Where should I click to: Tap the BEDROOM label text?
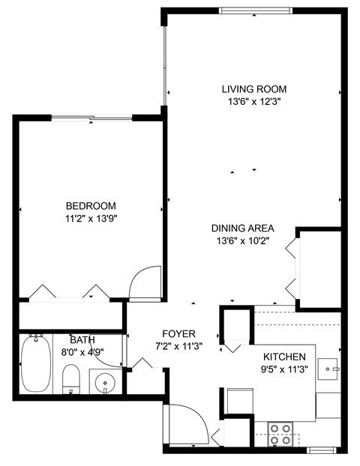pyautogui.click(x=91, y=206)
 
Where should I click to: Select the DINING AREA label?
pyautogui.click(x=242, y=229)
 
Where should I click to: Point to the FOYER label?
pyautogui.click(x=178, y=333)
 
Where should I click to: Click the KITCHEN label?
pyautogui.click(x=283, y=357)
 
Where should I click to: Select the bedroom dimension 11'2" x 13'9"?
pyautogui.click(x=91, y=219)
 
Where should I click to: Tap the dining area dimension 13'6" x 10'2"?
pyautogui.click(x=242, y=241)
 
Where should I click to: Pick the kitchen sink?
pyautogui.click(x=328, y=369)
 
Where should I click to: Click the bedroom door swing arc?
pyautogui.click(x=142, y=283)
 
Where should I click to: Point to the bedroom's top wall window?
pyautogui.click(x=91, y=117)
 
